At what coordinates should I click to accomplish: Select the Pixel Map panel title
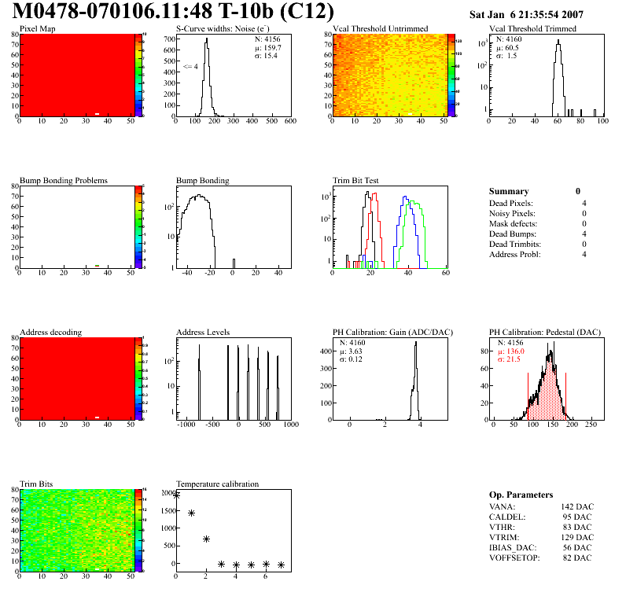click(37, 29)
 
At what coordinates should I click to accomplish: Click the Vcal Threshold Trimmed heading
click(532, 29)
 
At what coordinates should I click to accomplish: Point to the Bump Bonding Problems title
click(63, 181)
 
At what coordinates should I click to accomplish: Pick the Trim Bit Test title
click(356, 181)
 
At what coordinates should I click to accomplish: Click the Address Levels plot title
click(203, 333)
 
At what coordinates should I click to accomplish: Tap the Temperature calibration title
click(217, 484)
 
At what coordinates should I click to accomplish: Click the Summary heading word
click(509, 191)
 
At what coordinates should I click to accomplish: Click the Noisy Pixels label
click(512, 213)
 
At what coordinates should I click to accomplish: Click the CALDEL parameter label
click(506, 517)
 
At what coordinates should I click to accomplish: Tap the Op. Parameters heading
click(521, 495)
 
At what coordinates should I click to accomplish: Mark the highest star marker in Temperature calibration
click(176, 495)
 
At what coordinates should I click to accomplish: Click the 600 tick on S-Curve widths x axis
click(290, 121)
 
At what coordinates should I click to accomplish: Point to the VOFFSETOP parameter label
click(514, 557)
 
